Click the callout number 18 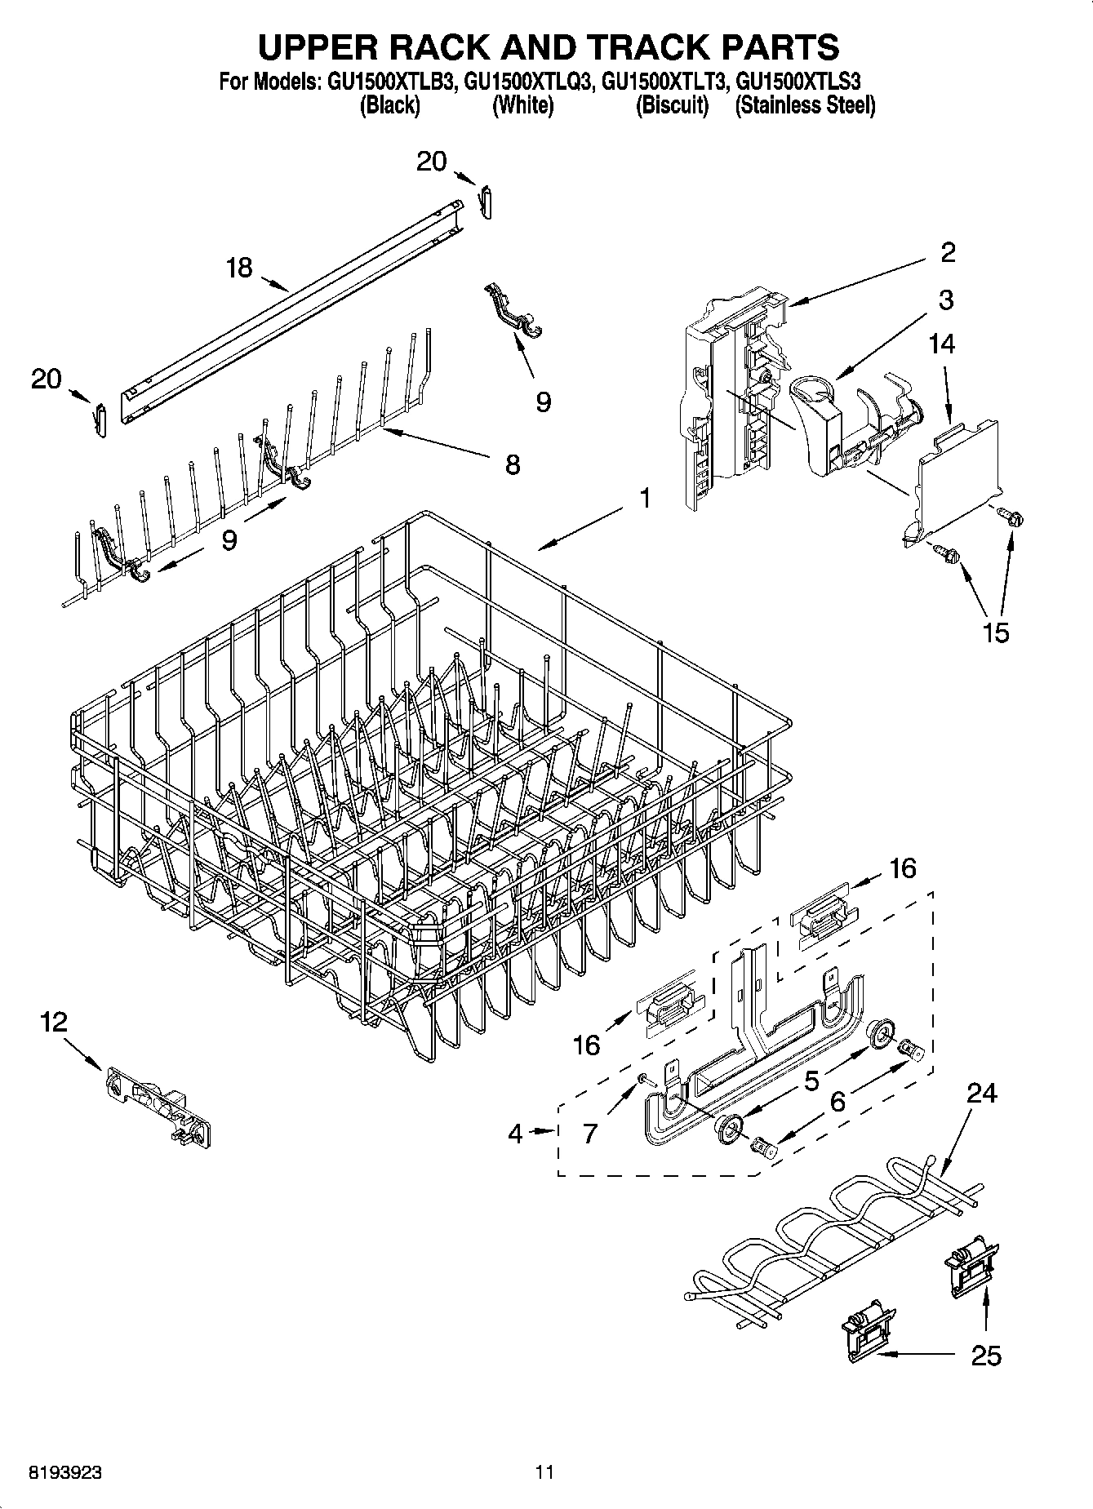coord(239,268)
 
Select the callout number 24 coord(981,1092)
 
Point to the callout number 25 coord(986,1356)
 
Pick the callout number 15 coord(996,632)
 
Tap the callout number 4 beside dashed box coord(515,1133)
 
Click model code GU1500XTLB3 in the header coord(390,82)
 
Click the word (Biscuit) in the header coord(672,106)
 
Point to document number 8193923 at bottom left coord(65,1473)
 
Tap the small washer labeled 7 coord(644,1079)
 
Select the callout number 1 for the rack coord(645,498)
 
